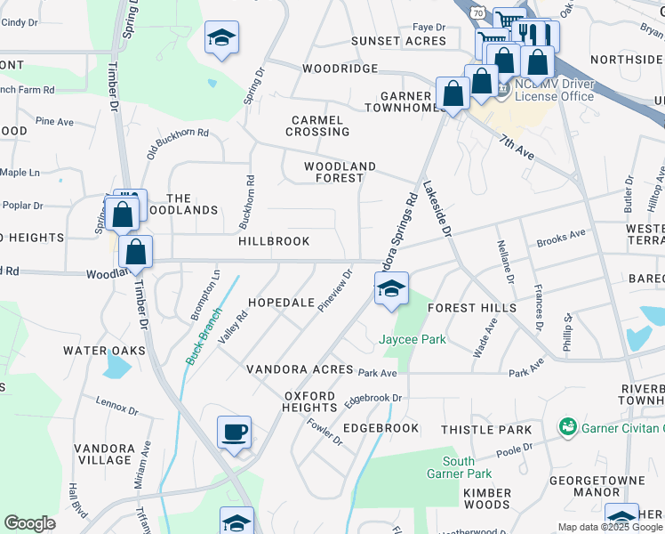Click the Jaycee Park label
tap(413, 339)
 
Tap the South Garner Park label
tap(459, 467)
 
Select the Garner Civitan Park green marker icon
tap(567, 428)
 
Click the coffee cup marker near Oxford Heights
tap(235, 433)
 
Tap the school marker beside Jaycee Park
tap(391, 289)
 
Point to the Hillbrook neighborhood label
tap(274, 241)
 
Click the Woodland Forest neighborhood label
tap(340, 172)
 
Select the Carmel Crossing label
tap(317, 125)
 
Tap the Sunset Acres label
tap(397, 41)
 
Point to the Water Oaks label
tap(104, 351)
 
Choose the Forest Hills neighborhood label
tap(471, 308)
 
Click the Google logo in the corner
tap(29, 523)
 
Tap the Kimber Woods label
tap(487, 498)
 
